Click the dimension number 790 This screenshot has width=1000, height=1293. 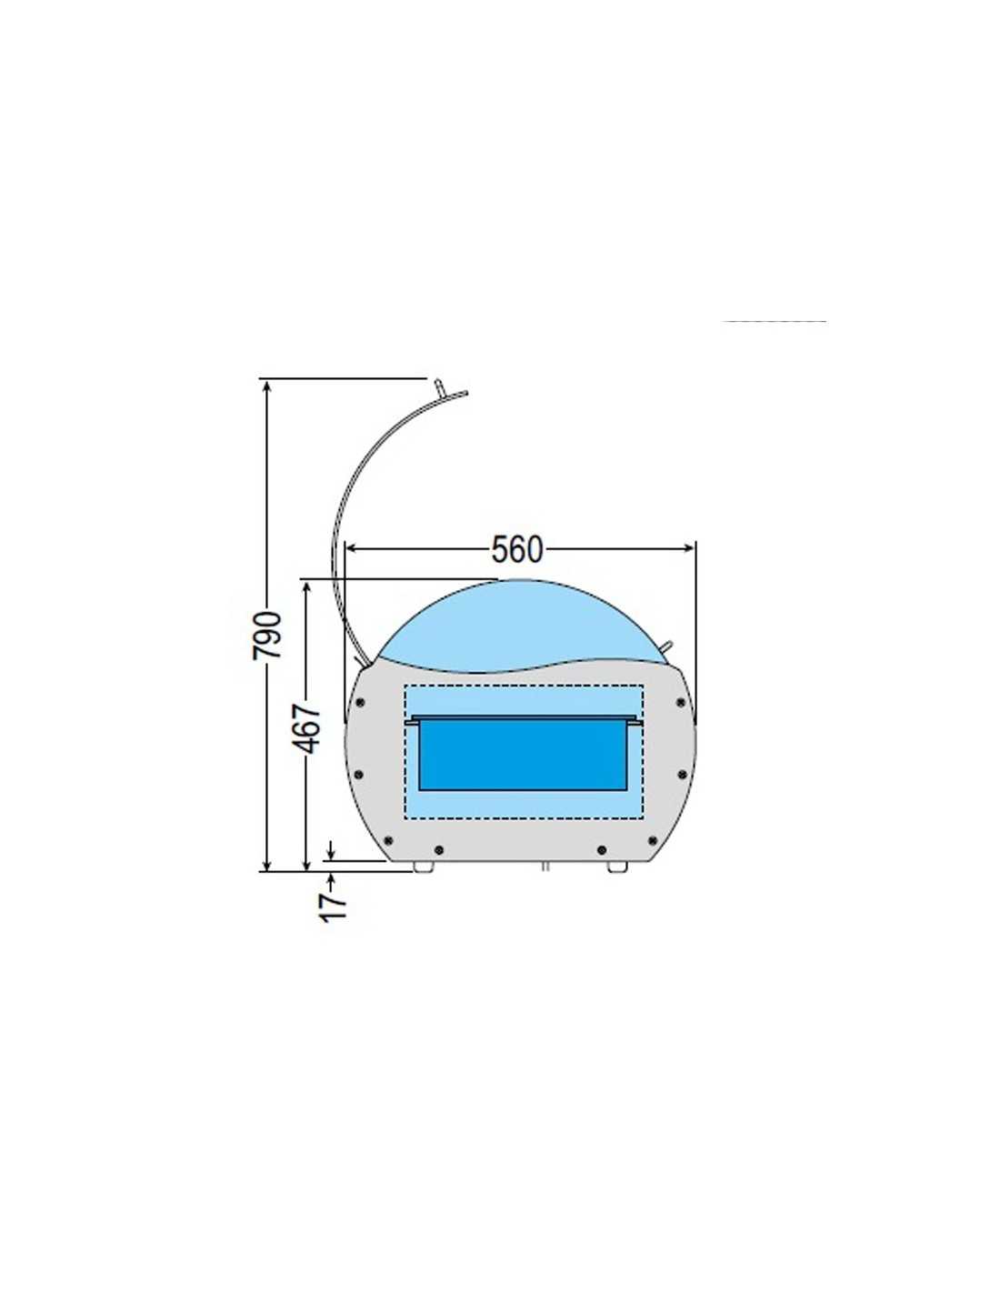point(267,635)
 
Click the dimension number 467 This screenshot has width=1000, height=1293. point(309,727)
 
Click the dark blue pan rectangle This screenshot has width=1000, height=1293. point(523,754)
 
